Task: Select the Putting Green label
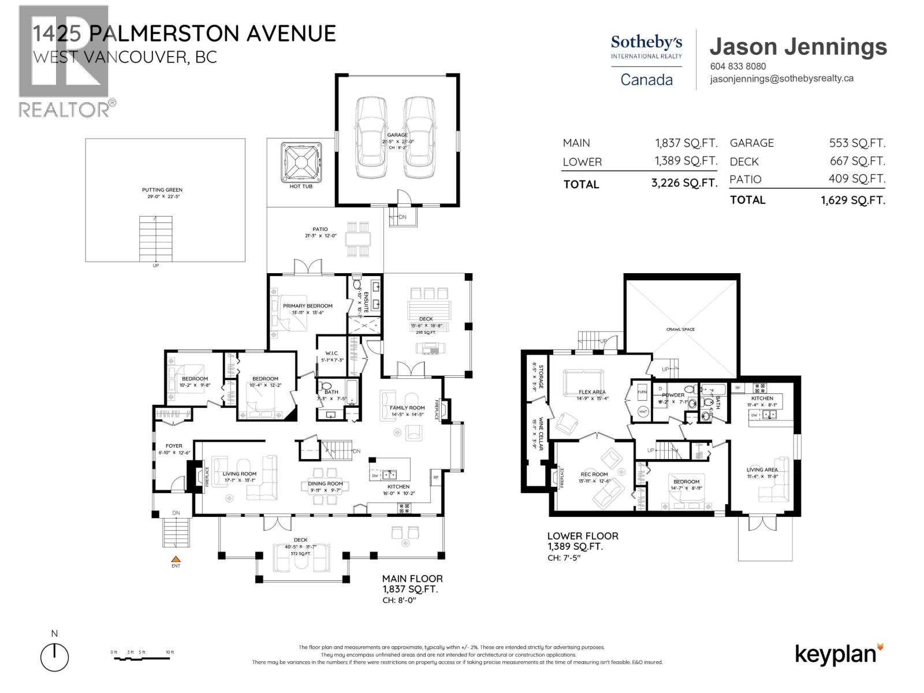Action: (x=162, y=189)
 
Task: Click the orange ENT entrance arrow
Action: (x=176, y=558)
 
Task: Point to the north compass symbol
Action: (x=54, y=657)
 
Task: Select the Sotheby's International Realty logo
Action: (x=646, y=46)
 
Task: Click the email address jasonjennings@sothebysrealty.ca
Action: (x=781, y=79)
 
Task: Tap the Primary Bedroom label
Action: (x=307, y=305)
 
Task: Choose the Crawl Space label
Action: (x=680, y=329)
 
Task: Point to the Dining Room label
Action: (x=326, y=483)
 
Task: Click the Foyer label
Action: (x=174, y=446)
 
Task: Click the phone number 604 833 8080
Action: (x=737, y=66)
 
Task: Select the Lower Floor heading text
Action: (x=583, y=536)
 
